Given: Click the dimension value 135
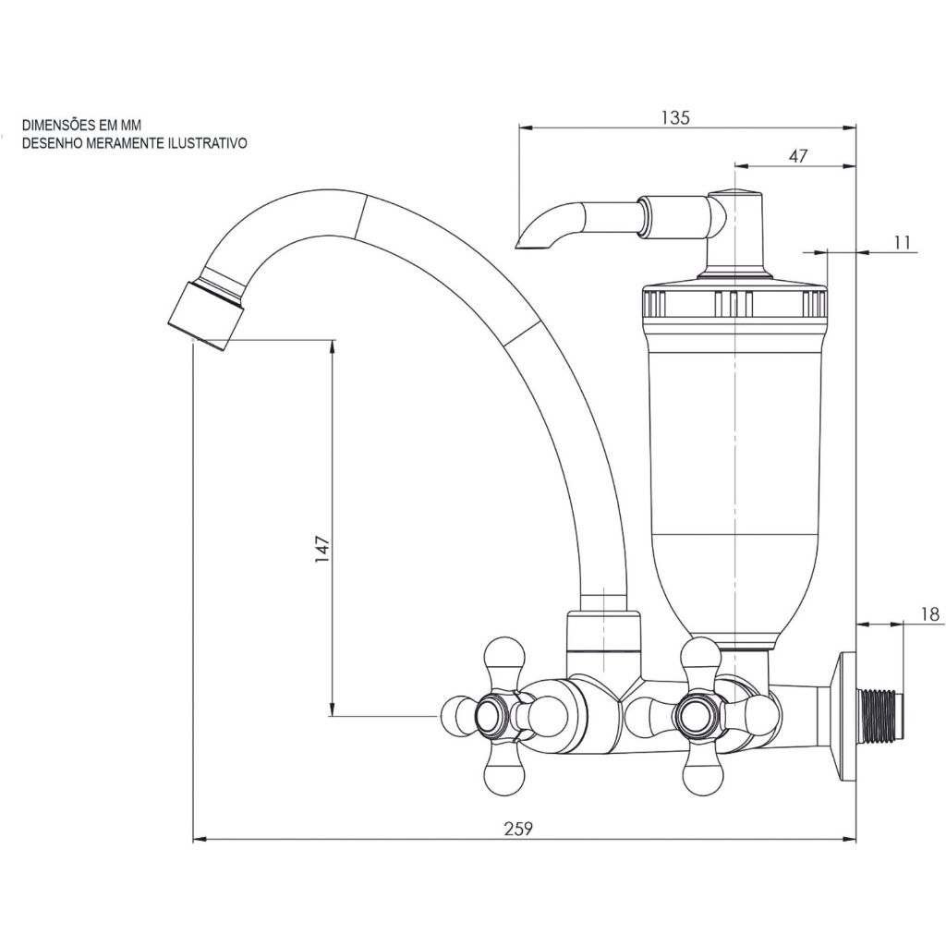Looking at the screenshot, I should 675,117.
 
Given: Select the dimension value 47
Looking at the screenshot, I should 798,156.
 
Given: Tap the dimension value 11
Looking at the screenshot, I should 904,242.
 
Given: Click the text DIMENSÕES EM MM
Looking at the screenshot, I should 82,125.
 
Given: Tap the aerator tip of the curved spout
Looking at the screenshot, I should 205,313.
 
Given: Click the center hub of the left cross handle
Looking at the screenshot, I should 489,716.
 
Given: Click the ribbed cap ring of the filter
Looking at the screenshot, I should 734,302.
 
